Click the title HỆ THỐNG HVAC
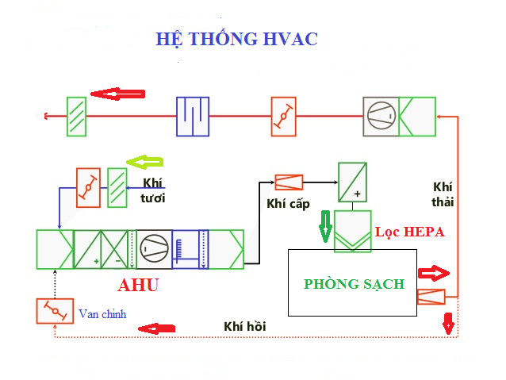click(236, 39)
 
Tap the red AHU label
click(138, 286)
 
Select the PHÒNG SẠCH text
click(354, 284)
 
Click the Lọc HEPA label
click(409, 232)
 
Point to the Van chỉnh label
click(102, 314)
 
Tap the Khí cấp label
click(287, 204)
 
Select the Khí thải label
click(443, 194)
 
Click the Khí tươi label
click(152, 190)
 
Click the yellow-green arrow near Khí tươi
click(145, 163)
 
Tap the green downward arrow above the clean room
click(324, 225)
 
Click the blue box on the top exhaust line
click(193, 117)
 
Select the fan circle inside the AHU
click(153, 248)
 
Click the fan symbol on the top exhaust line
click(381, 117)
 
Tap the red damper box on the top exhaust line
click(282, 117)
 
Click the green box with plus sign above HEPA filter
click(352, 182)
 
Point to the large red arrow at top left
click(117, 94)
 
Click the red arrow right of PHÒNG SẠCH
click(433, 274)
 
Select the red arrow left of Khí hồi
click(157, 328)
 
